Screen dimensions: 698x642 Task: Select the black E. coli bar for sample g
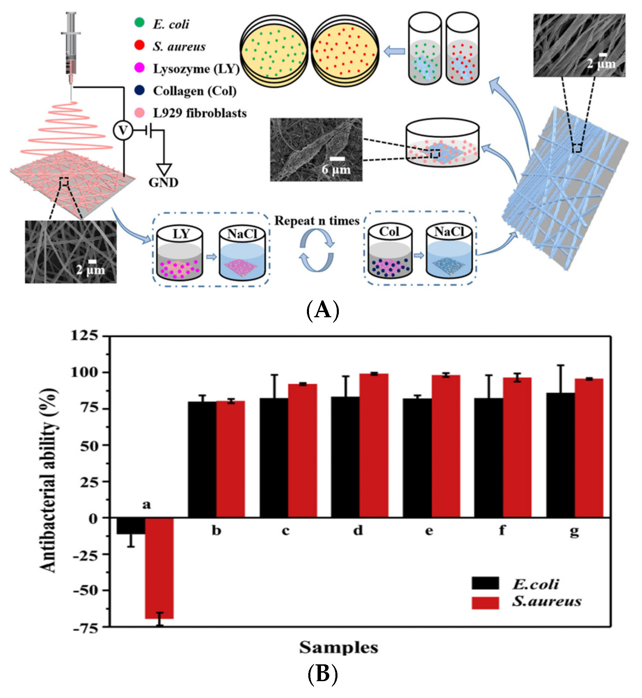(x=560, y=455)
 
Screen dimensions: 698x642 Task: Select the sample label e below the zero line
(x=429, y=531)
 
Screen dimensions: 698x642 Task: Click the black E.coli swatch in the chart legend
(x=485, y=583)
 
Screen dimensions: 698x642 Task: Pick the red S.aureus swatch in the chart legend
(x=485, y=603)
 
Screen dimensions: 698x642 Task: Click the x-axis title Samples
(x=339, y=648)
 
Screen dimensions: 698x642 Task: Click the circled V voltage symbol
(x=123, y=130)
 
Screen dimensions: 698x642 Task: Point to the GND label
(x=164, y=182)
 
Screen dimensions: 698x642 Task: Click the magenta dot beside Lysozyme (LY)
(x=139, y=68)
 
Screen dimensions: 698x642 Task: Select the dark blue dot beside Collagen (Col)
(x=139, y=90)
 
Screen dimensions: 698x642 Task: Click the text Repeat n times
(x=317, y=221)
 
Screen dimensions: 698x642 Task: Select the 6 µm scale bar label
(x=336, y=170)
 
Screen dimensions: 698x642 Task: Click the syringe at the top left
(x=71, y=45)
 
